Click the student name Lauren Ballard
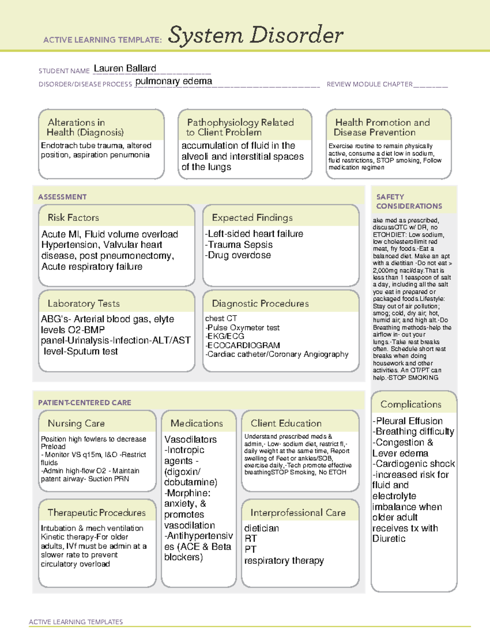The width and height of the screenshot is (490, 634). [125, 69]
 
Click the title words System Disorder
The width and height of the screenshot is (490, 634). [255, 35]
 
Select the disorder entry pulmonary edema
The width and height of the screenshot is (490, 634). [174, 81]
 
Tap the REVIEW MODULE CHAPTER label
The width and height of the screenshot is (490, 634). [369, 85]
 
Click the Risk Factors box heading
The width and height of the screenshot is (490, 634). [73, 218]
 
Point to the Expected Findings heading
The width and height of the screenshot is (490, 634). [252, 218]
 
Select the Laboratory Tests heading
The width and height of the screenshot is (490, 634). [83, 303]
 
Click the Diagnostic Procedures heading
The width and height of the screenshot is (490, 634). [260, 303]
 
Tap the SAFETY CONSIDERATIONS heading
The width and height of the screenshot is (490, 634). [409, 202]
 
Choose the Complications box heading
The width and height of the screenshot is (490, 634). [410, 404]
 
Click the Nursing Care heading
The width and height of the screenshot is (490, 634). [76, 423]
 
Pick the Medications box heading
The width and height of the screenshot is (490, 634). [196, 423]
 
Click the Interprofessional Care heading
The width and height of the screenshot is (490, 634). [298, 513]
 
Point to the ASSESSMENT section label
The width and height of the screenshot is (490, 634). [62, 197]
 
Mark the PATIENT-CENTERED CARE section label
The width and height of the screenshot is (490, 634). [85, 403]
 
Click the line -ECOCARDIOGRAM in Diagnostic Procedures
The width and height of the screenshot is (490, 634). [243, 345]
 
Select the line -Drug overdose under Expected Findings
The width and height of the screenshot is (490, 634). [238, 255]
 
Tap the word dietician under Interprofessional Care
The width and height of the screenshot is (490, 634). [261, 528]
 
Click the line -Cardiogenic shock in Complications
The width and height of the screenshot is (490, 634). [413, 464]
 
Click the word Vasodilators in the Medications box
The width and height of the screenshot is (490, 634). [190, 440]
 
